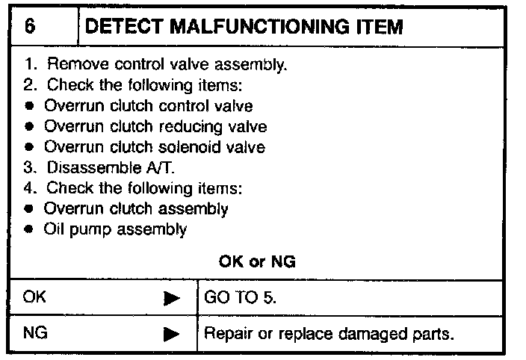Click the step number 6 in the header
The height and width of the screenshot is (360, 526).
pos(30,28)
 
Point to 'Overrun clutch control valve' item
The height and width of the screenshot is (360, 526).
pos(148,106)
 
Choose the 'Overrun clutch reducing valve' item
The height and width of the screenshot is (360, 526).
pos(155,126)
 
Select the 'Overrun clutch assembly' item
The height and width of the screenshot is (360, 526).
pos(136,208)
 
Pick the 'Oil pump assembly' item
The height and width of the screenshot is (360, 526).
pos(115,229)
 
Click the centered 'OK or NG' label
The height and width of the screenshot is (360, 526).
pos(257,261)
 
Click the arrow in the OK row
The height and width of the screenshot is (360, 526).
pos(172,299)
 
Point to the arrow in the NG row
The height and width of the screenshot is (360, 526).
pos(172,335)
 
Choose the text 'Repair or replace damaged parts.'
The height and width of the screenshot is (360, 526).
pos(328,333)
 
